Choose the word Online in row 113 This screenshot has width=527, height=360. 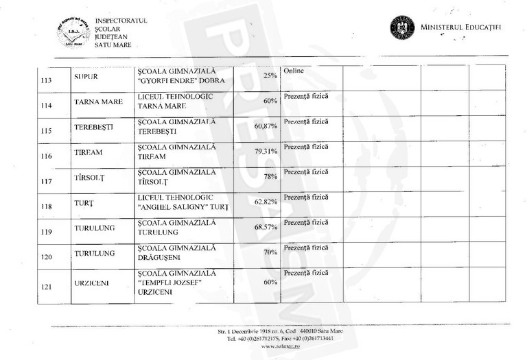click(293, 71)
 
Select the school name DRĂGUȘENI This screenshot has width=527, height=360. click(166, 257)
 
